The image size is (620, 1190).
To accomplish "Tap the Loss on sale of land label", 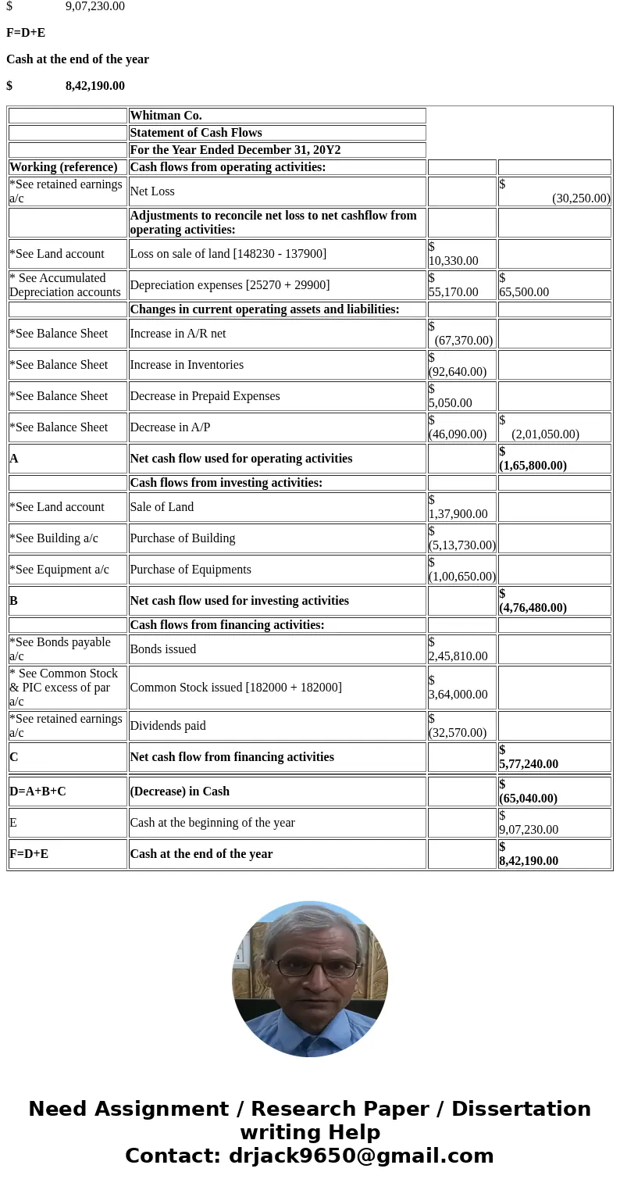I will coord(228,254).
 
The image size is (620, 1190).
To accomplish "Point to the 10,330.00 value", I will coord(453,261).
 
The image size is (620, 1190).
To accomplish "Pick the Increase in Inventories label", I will coord(187,365).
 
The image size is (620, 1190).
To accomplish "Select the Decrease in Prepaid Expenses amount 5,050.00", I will coord(450,403).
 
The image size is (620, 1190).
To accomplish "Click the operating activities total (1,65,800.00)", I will coord(533,466).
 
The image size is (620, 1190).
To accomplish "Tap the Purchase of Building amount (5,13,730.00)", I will coord(461,545).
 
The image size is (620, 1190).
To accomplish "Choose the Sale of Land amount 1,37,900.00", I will coord(458,514).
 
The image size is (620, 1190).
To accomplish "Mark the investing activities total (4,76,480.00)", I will coord(533,608).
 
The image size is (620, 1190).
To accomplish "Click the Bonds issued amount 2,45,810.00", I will coord(458,656).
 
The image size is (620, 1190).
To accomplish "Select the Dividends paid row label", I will coord(168,726).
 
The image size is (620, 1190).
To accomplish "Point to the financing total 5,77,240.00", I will coord(529,764).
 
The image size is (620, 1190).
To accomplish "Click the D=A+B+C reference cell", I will coord(37,792).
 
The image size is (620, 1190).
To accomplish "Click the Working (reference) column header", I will coord(63,167).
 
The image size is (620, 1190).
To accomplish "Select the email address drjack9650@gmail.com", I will coord(361,1156).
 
